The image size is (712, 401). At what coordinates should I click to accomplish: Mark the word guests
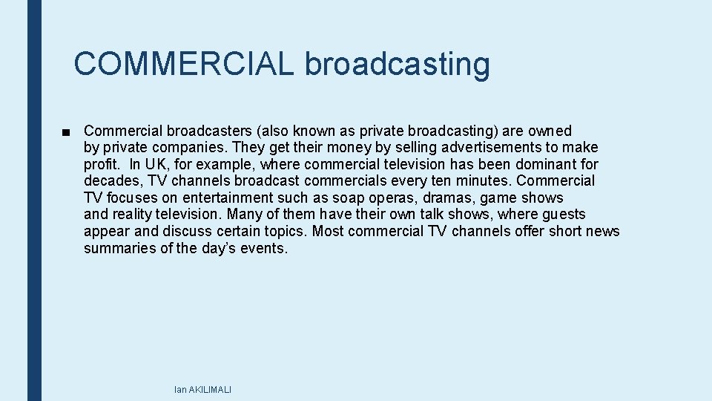click(x=564, y=215)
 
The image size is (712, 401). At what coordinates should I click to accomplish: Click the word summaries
click(x=119, y=248)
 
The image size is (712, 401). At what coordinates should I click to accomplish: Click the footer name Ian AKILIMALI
click(x=202, y=389)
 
